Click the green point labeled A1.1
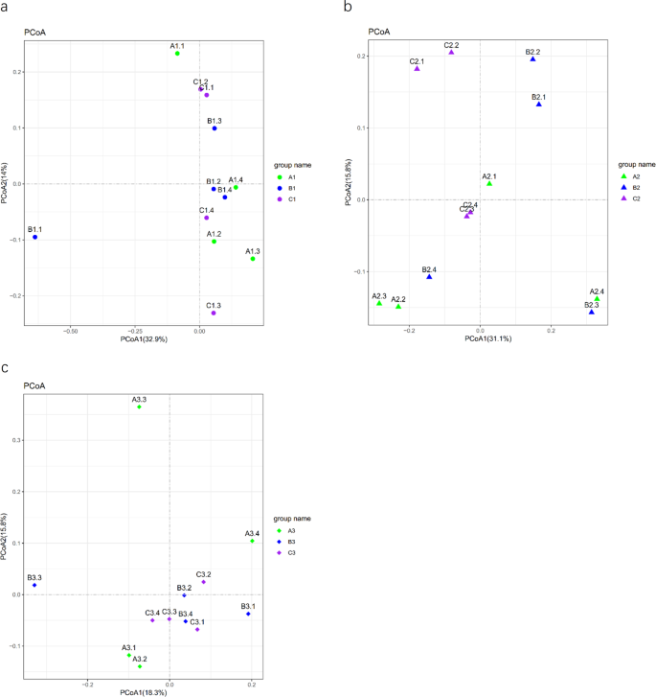pos(177,54)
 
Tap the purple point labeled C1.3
pos(214,314)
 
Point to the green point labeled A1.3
pos(253,259)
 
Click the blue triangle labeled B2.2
pos(533,59)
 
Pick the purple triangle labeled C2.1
pos(418,69)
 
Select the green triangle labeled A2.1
pos(489,183)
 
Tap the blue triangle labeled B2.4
pos(429,277)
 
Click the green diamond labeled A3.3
pos(140,407)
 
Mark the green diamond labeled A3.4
pos(253,541)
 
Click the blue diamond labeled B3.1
pos(248,614)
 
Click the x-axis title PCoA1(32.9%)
pos(144,339)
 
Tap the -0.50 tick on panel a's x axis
pos(71,329)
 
